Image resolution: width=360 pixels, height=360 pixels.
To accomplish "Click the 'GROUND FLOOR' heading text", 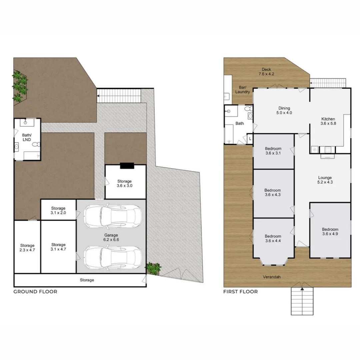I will tap(35, 292).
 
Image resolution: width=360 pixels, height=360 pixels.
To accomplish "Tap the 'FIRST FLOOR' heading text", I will tap(240, 292).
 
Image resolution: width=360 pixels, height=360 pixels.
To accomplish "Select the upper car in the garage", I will tap(111, 216).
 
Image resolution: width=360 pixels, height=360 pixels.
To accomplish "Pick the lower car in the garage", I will tap(111, 258).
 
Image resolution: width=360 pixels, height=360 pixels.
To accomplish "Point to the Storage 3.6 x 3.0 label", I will tap(124, 184).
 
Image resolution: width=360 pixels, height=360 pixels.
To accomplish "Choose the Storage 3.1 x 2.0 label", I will tap(58, 211).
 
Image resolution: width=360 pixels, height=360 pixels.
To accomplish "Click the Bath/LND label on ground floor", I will tap(27, 137).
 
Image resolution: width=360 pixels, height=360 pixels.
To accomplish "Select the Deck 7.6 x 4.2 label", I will tap(266, 72).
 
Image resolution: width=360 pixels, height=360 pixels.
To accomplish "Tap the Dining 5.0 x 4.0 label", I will tap(284, 110).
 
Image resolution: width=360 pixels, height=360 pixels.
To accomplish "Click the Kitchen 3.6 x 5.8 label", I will tap(328, 121).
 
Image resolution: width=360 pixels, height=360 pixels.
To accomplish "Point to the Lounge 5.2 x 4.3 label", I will tap(325, 180).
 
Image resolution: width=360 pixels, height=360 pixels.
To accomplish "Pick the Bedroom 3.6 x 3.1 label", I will tap(273, 151).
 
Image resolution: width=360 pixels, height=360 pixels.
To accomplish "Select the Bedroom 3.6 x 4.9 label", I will tap(330, 232).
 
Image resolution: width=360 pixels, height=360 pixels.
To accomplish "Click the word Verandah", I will tap(271, 277).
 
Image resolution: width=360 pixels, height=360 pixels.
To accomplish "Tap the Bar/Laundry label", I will tap(242, 90).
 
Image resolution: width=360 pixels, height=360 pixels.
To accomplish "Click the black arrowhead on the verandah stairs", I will tap(302, 289).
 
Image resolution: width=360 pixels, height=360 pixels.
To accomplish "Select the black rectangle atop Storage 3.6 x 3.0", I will tap(127, 165).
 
